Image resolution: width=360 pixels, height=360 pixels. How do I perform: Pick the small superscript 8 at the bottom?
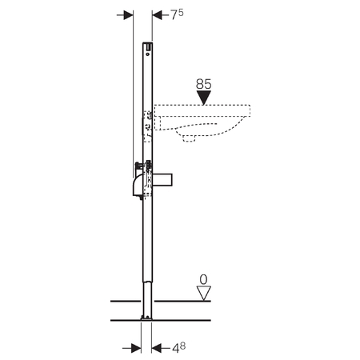[x=183, y=344]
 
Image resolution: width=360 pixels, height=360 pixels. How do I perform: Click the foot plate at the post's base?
[x=146, y=318]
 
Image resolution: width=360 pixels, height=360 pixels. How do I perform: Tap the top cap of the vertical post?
[x=146, y=45]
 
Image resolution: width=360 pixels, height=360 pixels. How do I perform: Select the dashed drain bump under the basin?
[x=190, y=139]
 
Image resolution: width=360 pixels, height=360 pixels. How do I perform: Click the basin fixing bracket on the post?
[x=148, y=125]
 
